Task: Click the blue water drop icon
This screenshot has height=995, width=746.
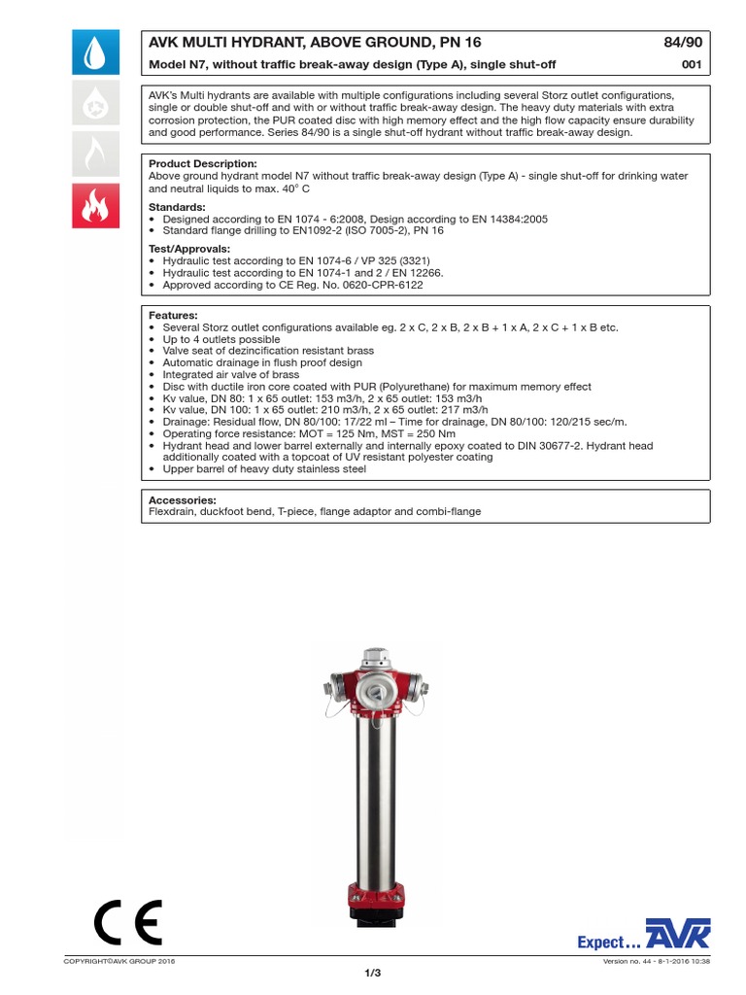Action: coord(96,52)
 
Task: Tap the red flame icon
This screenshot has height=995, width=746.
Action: coord(96,205)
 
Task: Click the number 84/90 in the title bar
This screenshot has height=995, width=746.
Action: coord(684,43)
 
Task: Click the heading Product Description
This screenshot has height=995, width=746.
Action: coord(202,163)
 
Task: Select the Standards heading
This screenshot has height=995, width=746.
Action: coord(176,207)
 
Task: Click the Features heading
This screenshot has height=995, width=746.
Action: coord(173,316)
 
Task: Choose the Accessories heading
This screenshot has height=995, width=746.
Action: coord(182,499)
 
